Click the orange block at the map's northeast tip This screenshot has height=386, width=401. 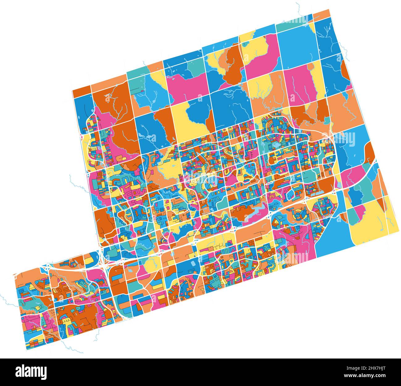tap(322, 14)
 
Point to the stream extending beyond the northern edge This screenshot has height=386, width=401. tap(299, 8)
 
